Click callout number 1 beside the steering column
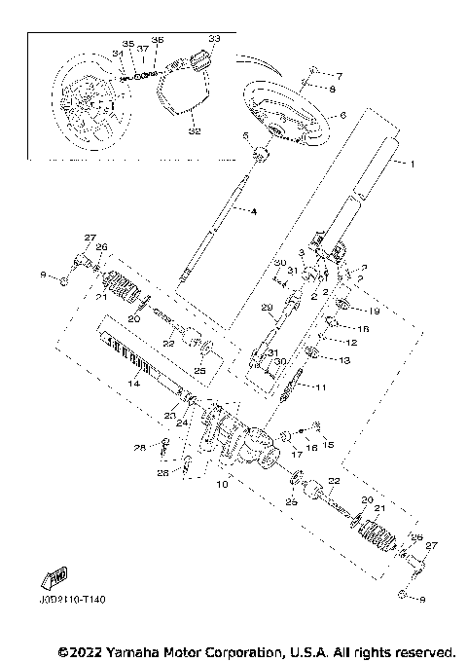[413, 165]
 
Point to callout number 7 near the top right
[341, 75]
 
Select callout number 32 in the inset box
[196, 129]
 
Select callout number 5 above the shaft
[246, 136]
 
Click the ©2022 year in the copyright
[79, 649]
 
